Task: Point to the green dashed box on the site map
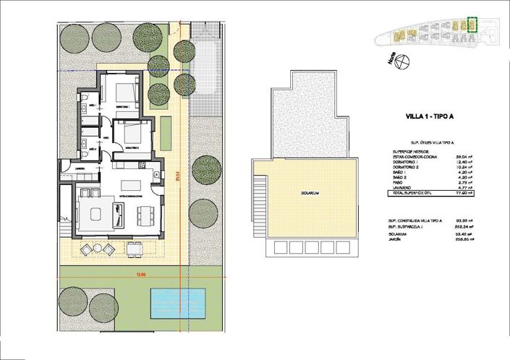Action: click(x=472, y=25)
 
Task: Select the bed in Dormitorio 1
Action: click(x=124, y=92)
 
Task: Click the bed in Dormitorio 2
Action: click(x=131, y=134)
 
